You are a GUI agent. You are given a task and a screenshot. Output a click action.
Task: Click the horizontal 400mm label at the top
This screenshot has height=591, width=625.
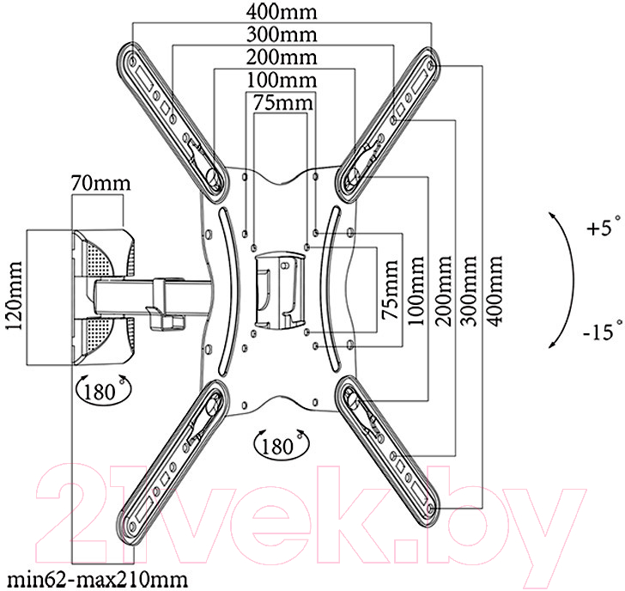(282, 11)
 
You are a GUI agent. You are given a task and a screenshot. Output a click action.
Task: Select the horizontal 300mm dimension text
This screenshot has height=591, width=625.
(282, 34)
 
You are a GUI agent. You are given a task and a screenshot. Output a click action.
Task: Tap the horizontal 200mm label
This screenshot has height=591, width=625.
(282, 57)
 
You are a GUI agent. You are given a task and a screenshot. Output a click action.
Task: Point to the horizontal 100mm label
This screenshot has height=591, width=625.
(282, 80)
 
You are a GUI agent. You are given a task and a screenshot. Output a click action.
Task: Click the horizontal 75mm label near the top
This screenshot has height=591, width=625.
(283, 102)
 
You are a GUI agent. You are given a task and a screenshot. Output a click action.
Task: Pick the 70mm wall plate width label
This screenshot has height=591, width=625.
(100, 184)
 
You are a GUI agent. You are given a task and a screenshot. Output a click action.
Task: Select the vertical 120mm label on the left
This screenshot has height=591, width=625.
(14, 295)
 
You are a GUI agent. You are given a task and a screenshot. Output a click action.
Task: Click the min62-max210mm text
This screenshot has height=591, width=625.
(97, 580)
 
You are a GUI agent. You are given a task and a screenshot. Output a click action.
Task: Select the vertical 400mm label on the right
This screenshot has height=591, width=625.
(495, 291)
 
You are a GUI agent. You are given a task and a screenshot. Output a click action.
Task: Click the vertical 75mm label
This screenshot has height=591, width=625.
(390, 290)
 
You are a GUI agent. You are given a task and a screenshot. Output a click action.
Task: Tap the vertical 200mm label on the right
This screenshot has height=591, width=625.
(442, 291)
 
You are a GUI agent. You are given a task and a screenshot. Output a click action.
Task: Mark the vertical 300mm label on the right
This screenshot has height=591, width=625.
(469, 291)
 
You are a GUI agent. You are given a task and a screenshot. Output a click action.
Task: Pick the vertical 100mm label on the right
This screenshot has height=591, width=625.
(416, 291)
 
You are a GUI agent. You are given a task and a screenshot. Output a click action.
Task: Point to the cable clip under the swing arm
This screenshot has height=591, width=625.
(166, 318)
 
